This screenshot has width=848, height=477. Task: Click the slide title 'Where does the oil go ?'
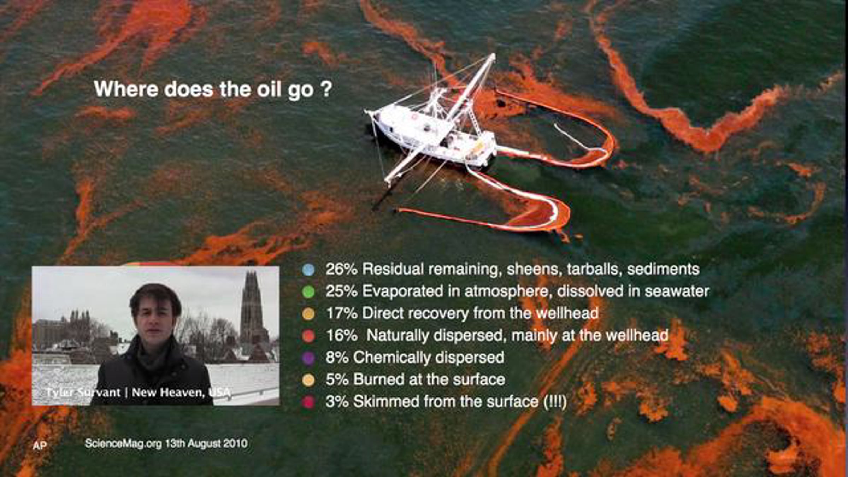213,89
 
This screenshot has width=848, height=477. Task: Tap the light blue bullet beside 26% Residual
308,270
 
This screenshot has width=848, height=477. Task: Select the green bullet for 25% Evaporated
308,291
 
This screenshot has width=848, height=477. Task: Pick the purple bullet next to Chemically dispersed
308,358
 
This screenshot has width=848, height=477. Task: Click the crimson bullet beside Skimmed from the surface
308,402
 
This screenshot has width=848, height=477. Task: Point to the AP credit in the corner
40,445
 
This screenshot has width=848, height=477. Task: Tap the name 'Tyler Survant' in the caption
83,392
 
